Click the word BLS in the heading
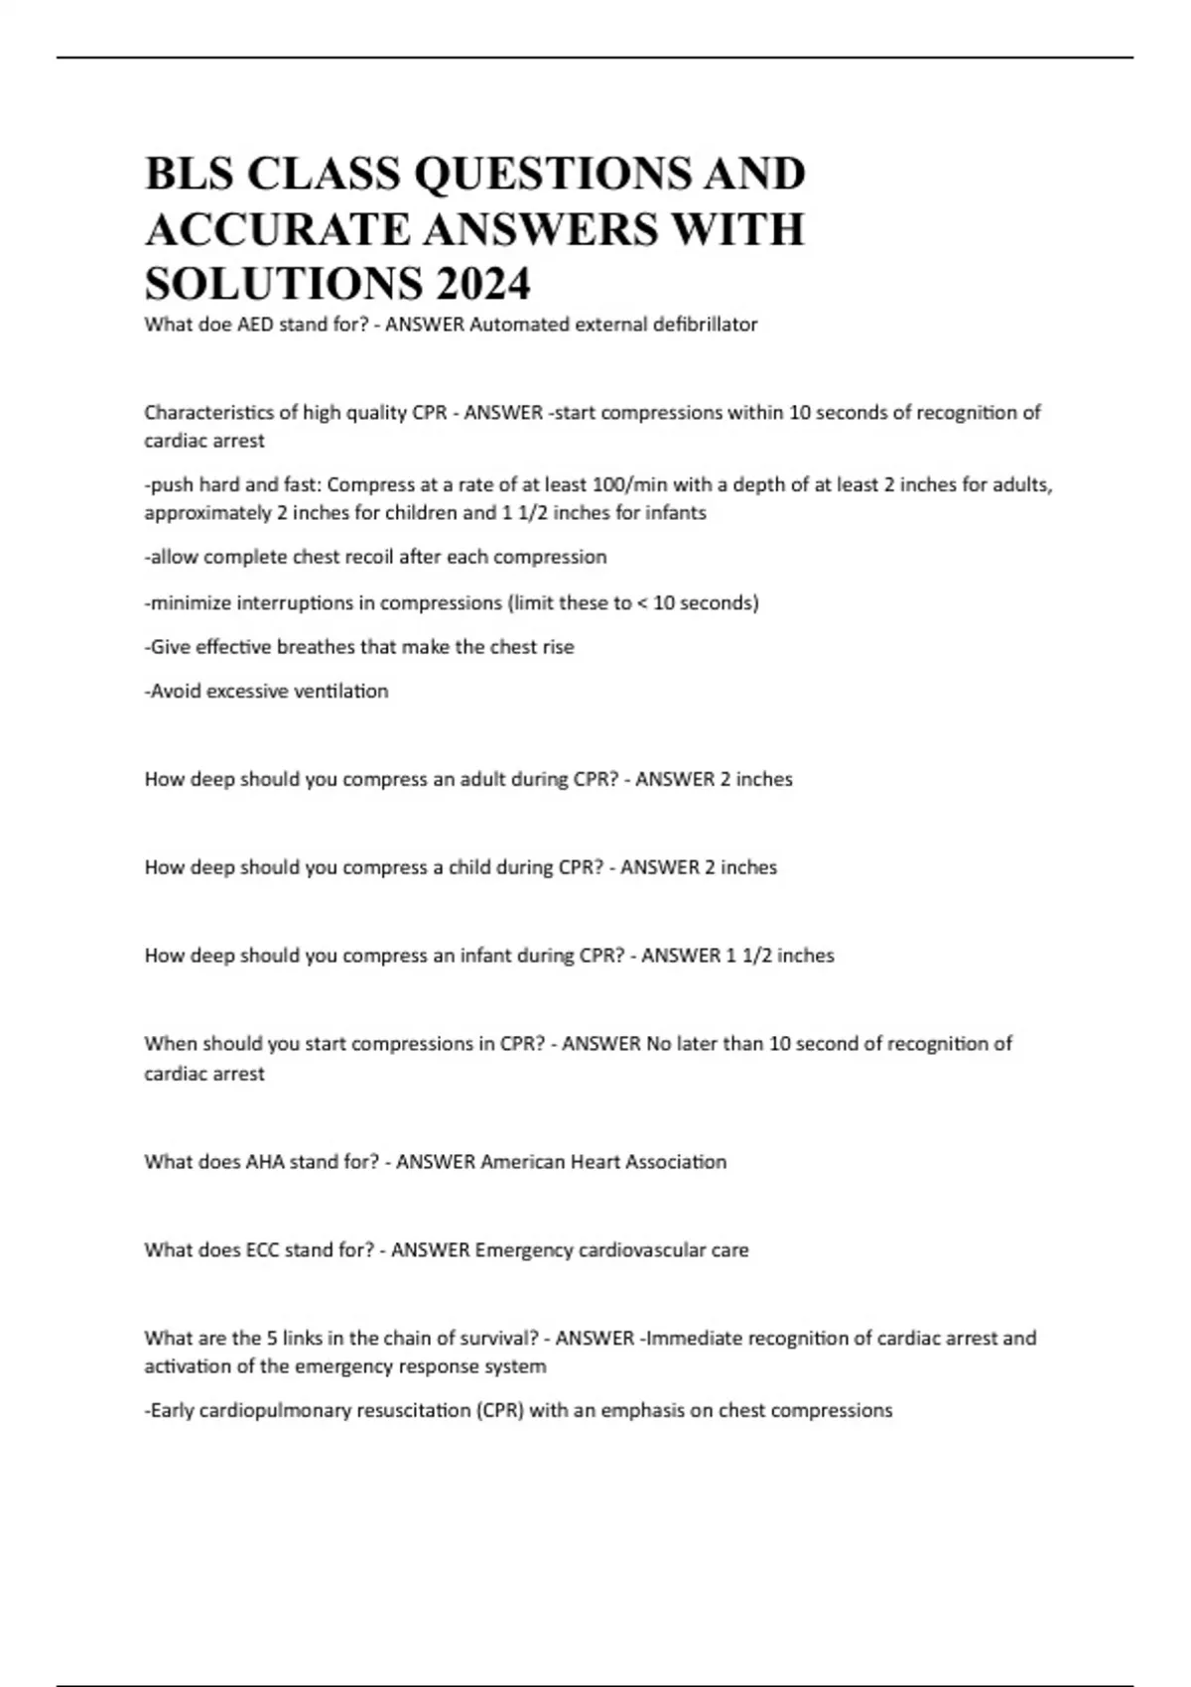point(190,174)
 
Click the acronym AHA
point(264,1162)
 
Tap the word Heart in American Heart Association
point(595,1162)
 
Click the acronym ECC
point(262,1250)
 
